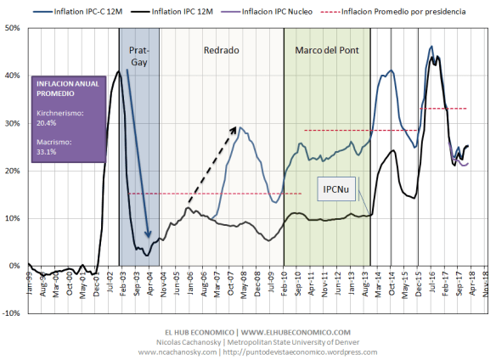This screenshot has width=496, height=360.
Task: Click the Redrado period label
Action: coord(221,50)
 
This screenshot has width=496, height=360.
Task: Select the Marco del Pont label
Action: coord(327,50)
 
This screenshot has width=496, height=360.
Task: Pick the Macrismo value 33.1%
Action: coord(47,152)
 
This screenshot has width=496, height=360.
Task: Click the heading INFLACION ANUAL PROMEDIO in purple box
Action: coord(65,88)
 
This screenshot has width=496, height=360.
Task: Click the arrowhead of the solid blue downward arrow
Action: coord(148,240)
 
